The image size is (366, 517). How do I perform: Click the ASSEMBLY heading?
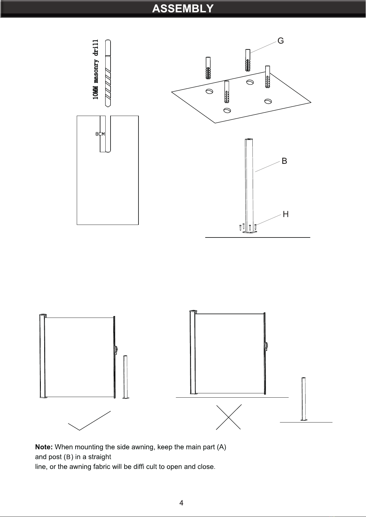coord(183,8)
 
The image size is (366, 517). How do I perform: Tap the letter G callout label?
coord(281,41)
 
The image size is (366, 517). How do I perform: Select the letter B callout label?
coord(284,161)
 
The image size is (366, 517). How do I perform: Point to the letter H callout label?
coord(286,214)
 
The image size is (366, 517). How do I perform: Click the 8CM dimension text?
coord(100,134)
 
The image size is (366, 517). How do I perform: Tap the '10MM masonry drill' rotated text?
coord(96,69)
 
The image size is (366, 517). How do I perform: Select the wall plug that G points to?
coord(247,60)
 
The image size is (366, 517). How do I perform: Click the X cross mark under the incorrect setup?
coord(228,417)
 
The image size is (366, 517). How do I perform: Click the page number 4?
coord(181,503)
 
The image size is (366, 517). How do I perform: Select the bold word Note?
coord(44,447)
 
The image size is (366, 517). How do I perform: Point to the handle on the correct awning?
coord(116,350)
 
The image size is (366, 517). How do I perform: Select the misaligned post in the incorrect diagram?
coord(304,399)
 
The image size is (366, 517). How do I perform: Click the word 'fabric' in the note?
coord(102,467)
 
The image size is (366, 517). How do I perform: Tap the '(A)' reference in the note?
coord(221,447)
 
